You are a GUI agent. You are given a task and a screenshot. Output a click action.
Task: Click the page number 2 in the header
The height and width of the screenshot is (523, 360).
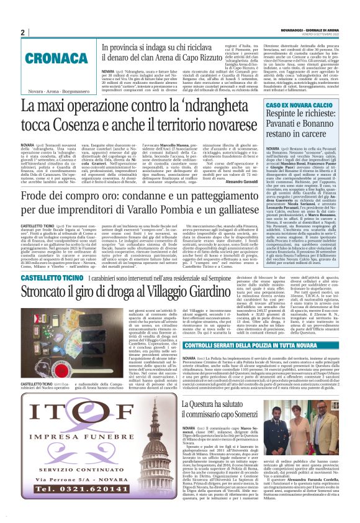click(23, 32)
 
